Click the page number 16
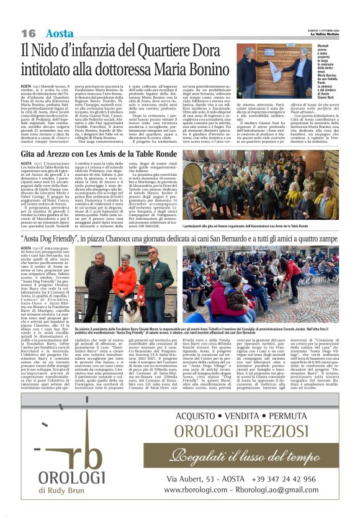tap(28, 33)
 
